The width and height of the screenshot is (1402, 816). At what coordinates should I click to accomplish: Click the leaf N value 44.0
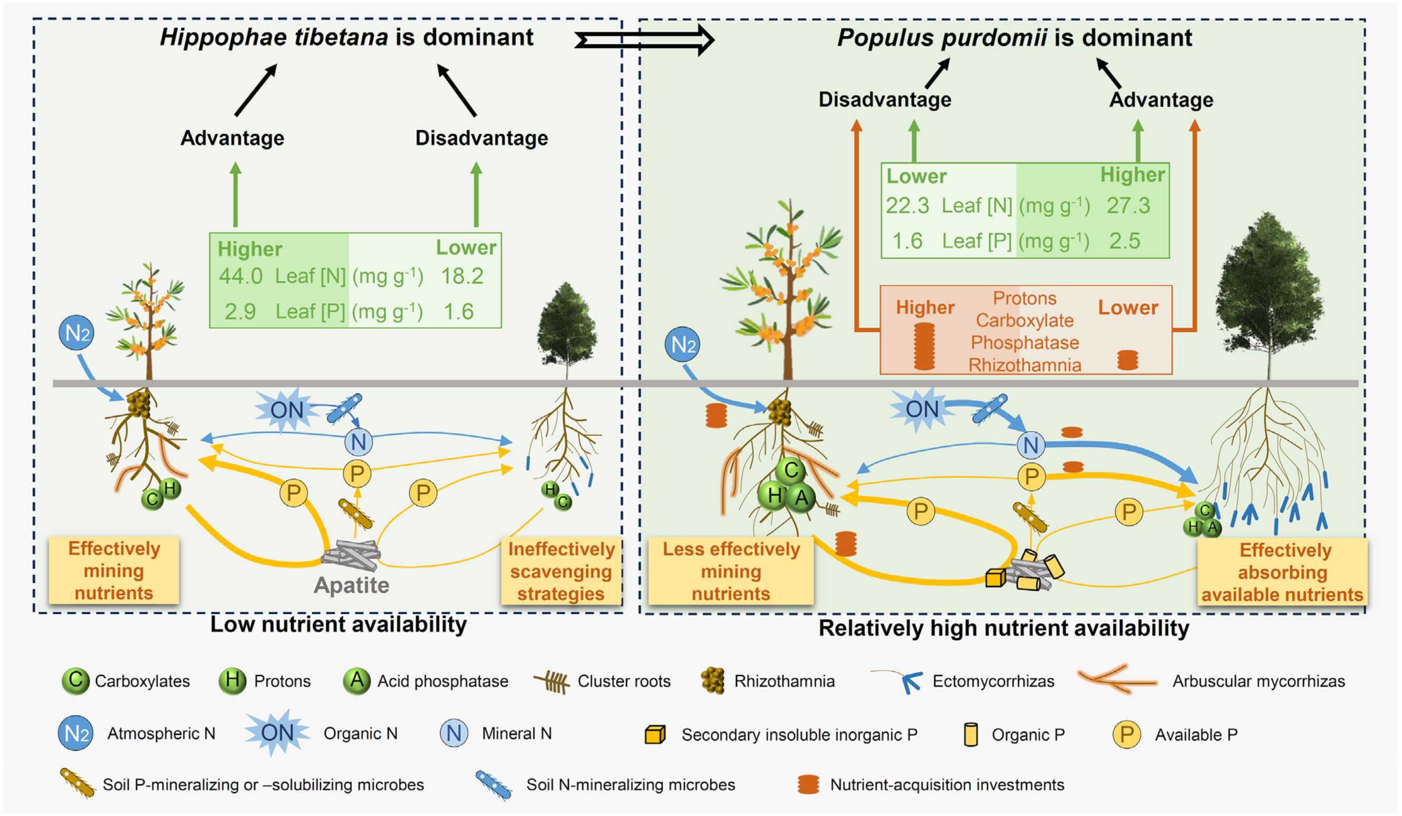(240, 276)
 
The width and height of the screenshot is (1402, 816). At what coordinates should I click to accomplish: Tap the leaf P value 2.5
(1124, 241)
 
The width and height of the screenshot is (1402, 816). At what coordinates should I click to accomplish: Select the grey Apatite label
(352, 585)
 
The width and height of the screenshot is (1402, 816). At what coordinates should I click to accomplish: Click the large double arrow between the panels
(644, 40)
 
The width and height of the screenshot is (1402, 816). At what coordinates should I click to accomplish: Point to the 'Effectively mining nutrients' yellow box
(114, 571)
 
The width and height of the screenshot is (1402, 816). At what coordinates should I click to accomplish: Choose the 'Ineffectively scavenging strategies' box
(561, 571)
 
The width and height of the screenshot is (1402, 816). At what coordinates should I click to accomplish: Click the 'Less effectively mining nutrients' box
(730, 571)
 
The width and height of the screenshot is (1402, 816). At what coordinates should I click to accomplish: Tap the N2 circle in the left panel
(76, 333)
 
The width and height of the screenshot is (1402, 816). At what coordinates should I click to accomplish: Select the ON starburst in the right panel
(921, 410)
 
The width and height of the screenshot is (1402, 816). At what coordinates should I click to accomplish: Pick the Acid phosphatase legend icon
(356, 681)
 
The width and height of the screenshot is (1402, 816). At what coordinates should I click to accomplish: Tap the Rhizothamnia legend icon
(713, 681)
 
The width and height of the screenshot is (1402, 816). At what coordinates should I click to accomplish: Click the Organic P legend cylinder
(971, 735)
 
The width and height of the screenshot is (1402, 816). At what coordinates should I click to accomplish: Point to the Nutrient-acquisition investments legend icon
(808, 784)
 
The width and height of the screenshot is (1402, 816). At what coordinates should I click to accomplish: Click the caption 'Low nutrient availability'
(339, 624)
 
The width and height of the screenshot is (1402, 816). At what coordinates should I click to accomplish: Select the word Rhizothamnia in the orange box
(1025, 365)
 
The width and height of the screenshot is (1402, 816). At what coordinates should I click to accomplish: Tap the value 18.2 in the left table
(462, 276)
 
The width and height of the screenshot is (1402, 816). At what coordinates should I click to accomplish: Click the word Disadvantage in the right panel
(885, 100)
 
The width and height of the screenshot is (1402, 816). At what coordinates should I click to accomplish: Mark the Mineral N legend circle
(454, 734)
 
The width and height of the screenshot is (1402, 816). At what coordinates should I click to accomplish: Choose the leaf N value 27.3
(1128, 205)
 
